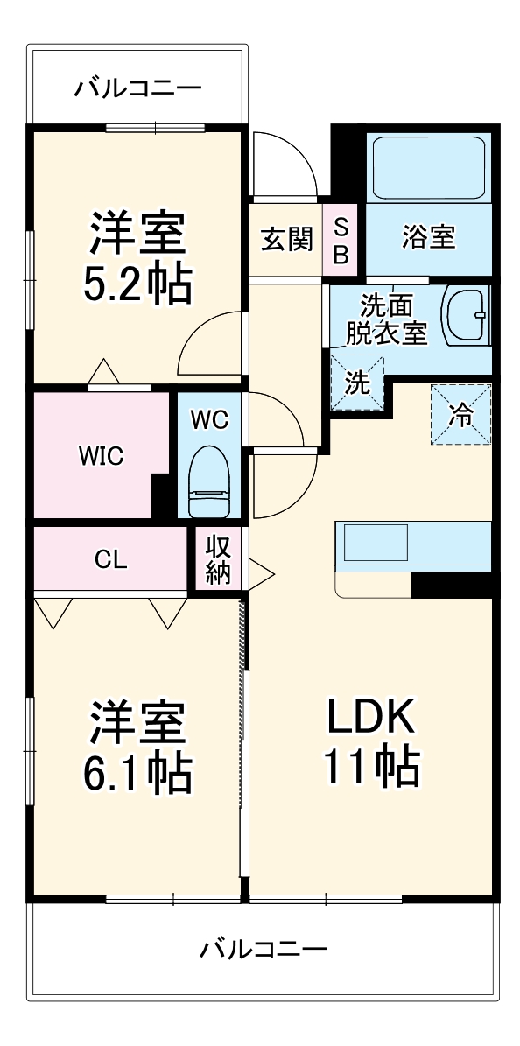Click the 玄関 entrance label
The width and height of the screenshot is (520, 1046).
point(287,239)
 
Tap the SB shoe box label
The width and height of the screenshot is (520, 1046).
point(342,240)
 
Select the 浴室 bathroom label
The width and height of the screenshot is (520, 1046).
point(428,237)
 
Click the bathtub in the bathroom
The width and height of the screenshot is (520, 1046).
point(428,168)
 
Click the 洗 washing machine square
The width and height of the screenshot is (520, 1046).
point(357,382)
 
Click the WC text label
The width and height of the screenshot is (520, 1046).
point(209,419)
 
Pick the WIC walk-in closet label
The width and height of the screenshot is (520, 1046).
point(101,456)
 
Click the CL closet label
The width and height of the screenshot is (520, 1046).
point(110,560)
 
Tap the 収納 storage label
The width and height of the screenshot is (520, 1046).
point(217,560)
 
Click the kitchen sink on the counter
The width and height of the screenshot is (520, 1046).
point(375,543)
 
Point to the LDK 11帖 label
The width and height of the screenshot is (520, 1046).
point(371,741)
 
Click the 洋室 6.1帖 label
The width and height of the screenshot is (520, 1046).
point(138,744)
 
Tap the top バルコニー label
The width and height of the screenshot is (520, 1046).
point(138,88)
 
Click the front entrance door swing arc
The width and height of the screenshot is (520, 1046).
point(285,161)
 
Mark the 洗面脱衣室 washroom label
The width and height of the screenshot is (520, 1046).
point(386,319)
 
